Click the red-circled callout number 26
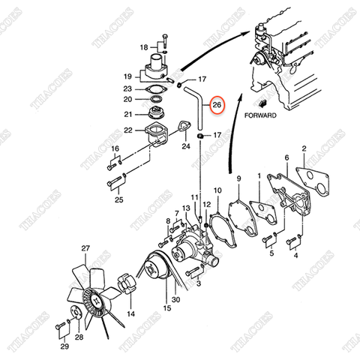217,105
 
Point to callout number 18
144,47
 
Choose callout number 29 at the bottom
64,347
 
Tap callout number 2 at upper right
304,149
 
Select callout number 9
239,178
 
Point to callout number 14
130,314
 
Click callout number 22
127,130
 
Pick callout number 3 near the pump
198,285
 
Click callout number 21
127,114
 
